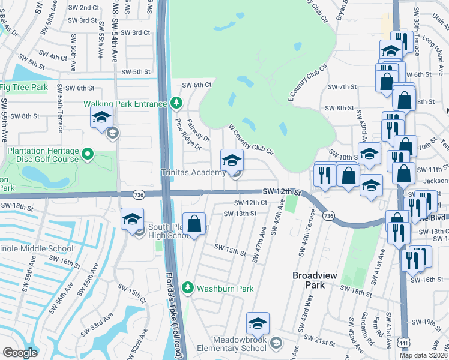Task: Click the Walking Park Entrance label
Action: point(125,104)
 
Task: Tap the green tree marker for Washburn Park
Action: point(188,288)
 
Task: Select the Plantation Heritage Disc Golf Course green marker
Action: point(88,155)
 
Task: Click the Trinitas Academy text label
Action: point(193,173)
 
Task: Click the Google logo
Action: point(20,353)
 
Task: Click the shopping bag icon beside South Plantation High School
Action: point(194,225)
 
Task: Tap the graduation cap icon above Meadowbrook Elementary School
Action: point(258,324)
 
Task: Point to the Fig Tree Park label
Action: point(23,88)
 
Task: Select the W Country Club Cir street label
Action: point(250,140)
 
